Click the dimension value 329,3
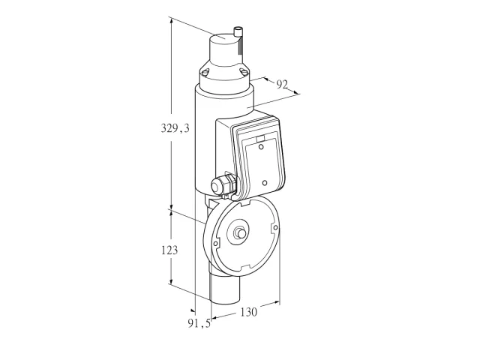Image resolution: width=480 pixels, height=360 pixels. (175, 128)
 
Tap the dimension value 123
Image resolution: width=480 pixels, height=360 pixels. (169, 250)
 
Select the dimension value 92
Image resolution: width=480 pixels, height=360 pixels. (282, 84)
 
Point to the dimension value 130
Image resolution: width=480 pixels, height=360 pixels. (248, 312)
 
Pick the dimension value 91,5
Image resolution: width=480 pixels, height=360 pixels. (199, 323)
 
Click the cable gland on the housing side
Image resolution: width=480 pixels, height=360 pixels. (223, 184)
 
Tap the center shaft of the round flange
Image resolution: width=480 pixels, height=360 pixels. (240, 233)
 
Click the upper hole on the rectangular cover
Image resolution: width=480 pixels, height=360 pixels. (261, 147)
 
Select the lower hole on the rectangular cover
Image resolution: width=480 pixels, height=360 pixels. (265, 183)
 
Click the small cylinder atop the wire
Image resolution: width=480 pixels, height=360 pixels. (238, 31)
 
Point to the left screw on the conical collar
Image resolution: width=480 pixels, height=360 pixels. (205, 72)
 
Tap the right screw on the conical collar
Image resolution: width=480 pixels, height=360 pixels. (243, 72)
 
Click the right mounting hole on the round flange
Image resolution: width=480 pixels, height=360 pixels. (275, 227)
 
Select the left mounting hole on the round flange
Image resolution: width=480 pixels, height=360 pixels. (215, 244)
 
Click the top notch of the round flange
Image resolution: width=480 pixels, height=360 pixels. (245, 202)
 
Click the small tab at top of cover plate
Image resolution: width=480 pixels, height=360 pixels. (260, 139)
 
